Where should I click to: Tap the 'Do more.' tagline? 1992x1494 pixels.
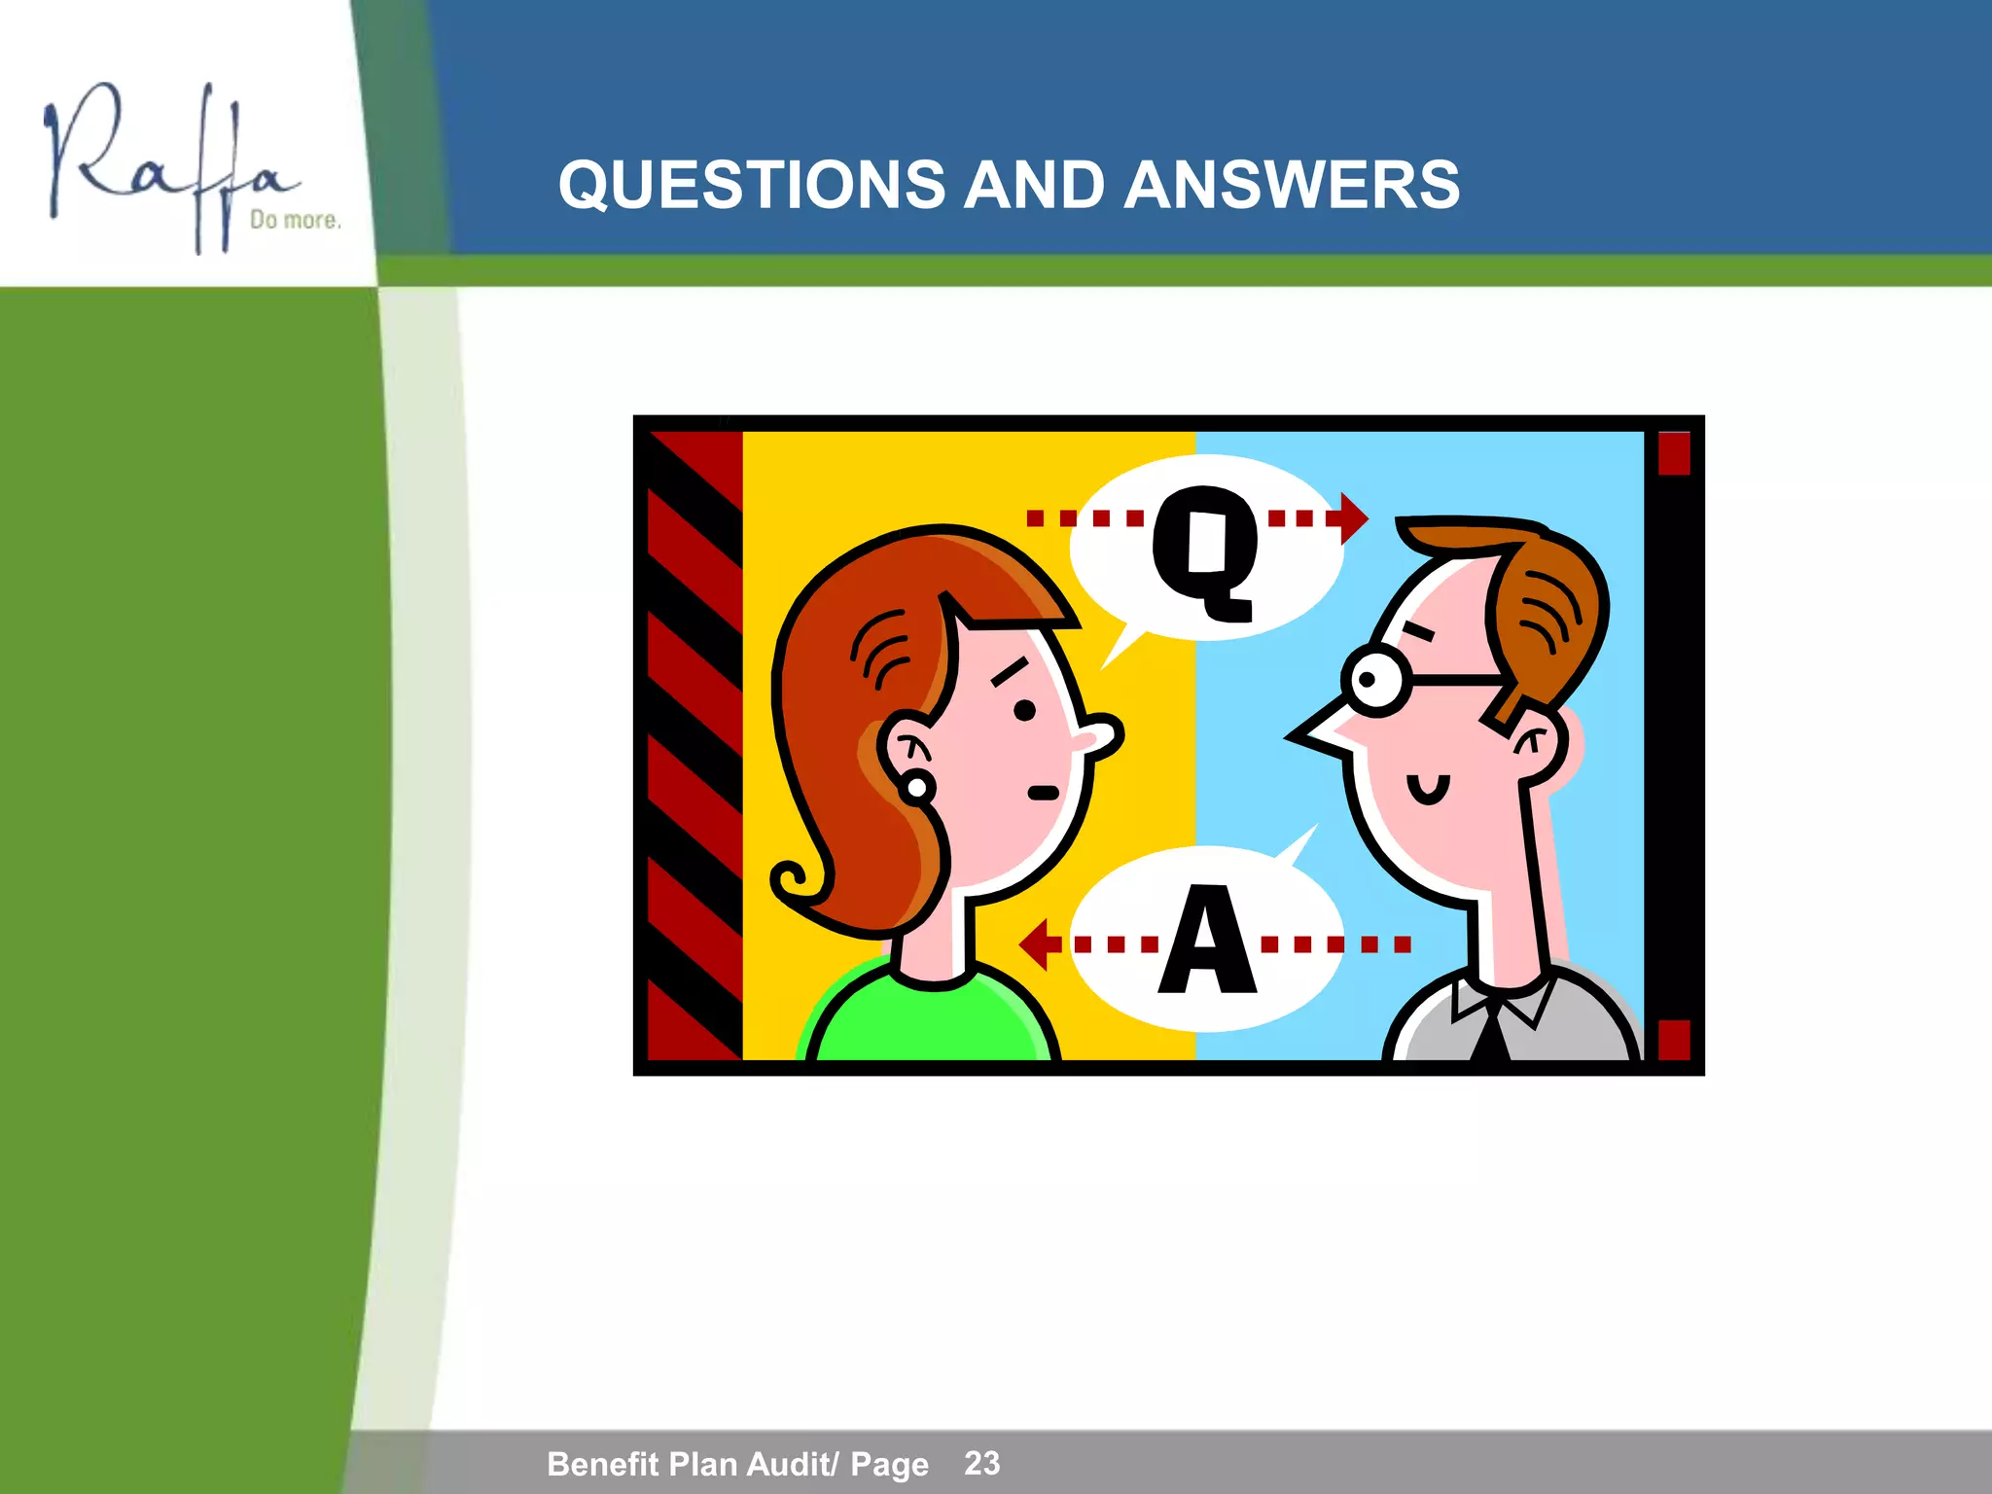(295, 220)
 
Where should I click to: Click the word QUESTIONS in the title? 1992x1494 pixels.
(751, 185)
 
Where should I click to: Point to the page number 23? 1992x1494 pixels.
(981, 1462)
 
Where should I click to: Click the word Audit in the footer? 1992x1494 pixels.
(785, 1464)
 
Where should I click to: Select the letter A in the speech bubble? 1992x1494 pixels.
(1206, 942)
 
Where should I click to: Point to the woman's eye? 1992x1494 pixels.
(1024, 710)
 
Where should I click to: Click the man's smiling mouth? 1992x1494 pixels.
(1428, 790)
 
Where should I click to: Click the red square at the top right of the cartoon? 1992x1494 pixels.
(1673, 453)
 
